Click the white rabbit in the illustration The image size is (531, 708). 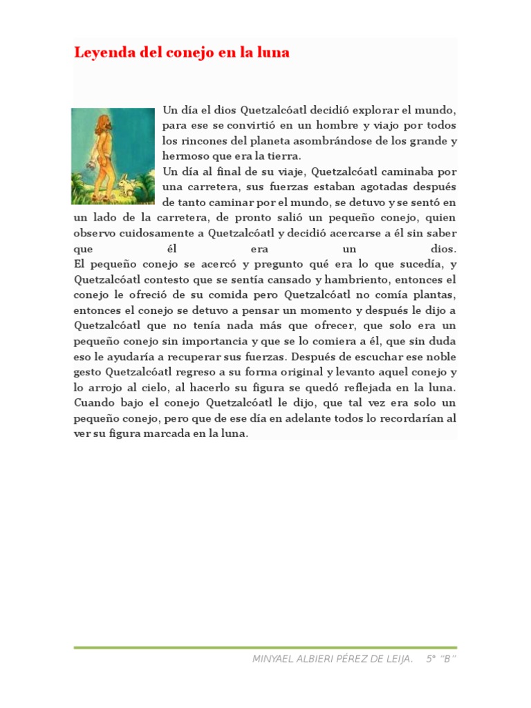coord(125,185)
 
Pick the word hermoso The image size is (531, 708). coord(184,156)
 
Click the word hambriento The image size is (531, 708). coord(334,279)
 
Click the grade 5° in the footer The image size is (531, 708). coord(431,659)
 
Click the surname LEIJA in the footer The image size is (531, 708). coord(397,659)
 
